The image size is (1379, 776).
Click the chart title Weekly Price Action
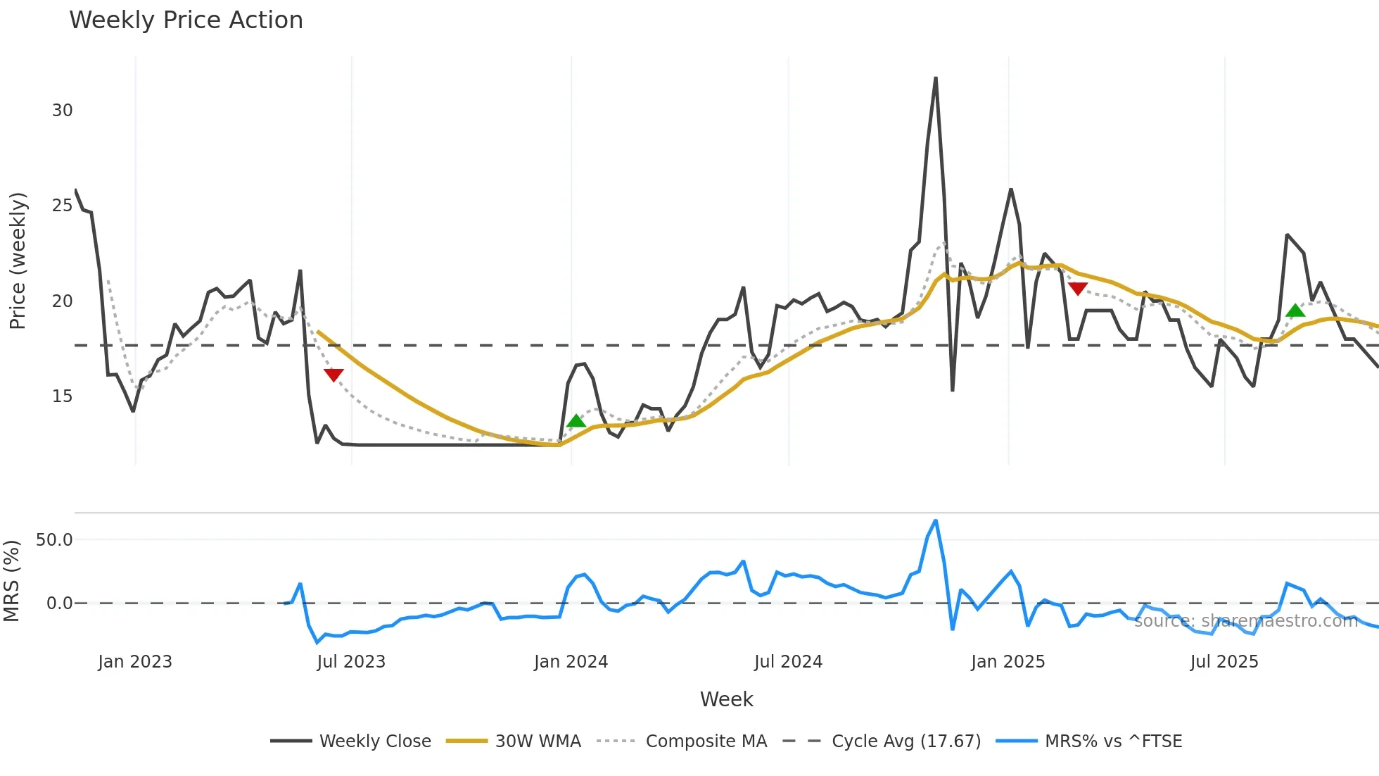(186, 20)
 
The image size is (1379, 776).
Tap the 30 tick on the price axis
(62, 111)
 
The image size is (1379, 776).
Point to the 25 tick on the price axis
(62, 206)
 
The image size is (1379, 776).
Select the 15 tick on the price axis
(62, 396)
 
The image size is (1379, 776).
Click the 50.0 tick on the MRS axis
(54, 540)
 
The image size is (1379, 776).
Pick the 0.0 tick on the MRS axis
(59, 603)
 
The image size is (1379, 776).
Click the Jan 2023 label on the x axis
(135, 662)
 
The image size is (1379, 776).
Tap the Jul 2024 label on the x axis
(788, 662)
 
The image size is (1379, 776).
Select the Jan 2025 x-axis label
(1008, 662)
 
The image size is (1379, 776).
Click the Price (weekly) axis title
(18, 261)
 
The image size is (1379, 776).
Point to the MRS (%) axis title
(12, 581)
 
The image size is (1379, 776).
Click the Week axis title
(726, 699)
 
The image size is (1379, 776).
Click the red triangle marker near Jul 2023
(333, 375)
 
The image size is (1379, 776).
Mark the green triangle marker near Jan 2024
(576, 421)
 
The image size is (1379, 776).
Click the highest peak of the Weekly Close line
(936, 78)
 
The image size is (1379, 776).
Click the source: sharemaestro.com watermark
(1245, 621)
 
